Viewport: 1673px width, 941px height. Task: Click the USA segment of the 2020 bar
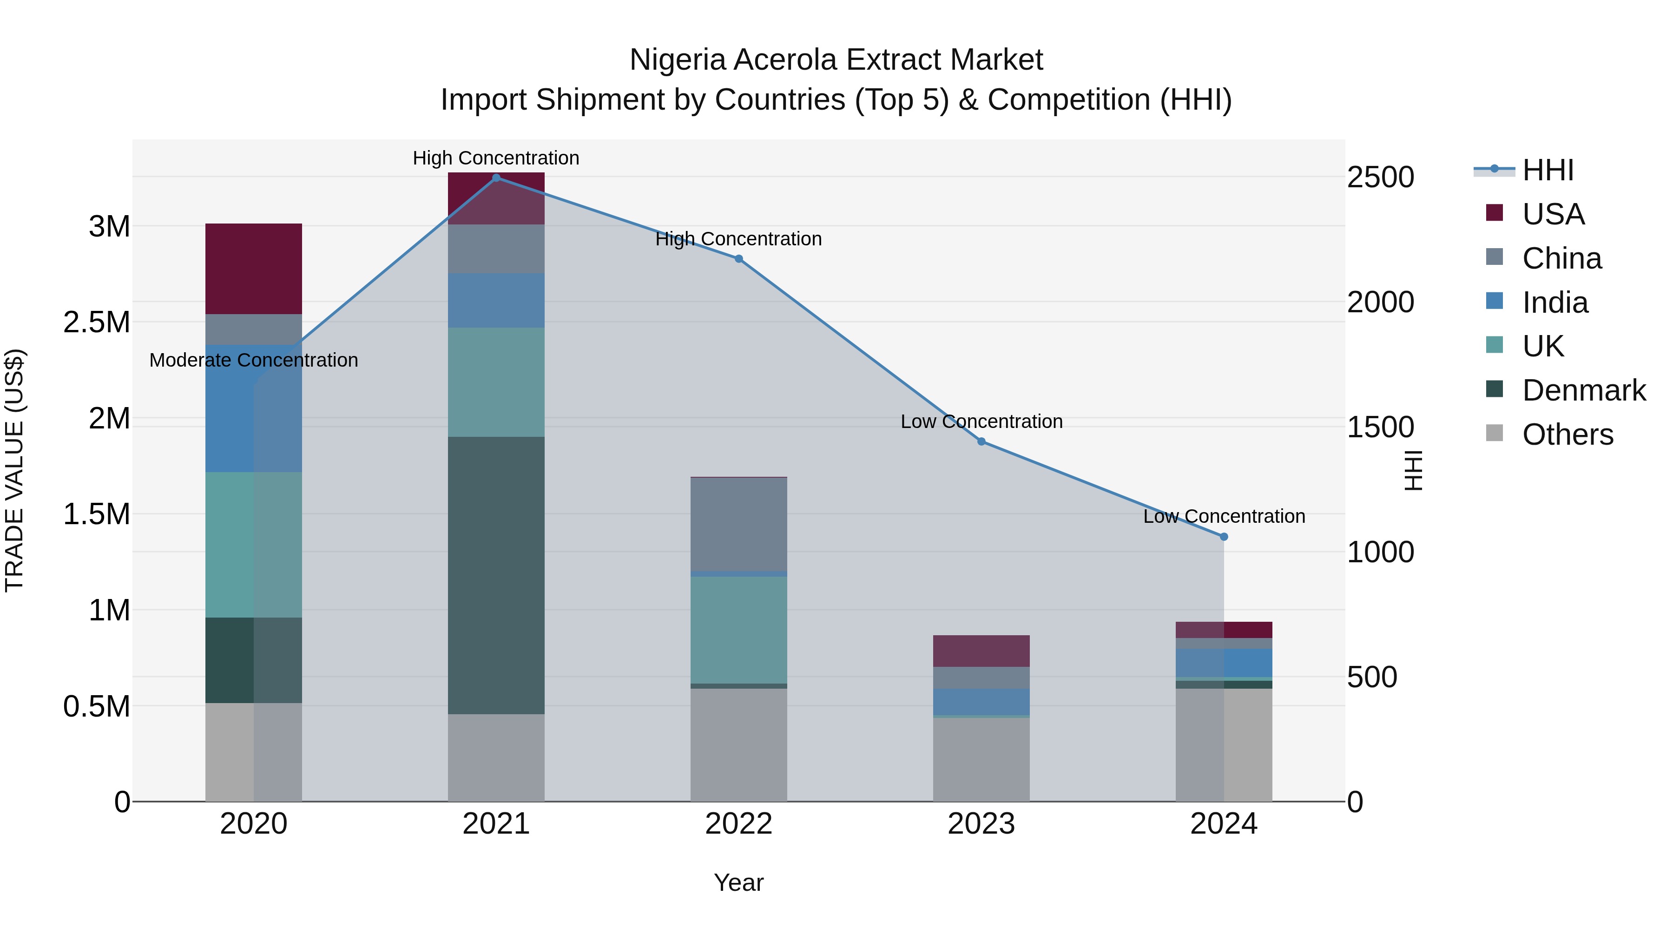tap(253, 269)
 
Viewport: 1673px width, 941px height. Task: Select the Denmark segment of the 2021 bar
tap(496, 575)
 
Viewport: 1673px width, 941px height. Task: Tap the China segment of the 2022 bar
tap(738, 524)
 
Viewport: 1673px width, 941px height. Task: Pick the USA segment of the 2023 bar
tap(981, 651)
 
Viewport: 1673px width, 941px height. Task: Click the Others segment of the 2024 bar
tap(1224, 745)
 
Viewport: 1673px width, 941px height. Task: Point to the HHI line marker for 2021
tap(496, 178)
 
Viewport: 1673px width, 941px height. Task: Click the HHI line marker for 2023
tap(981, 441)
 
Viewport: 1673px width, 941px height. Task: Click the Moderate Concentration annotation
tap(253, 361)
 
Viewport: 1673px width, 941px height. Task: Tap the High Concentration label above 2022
tap(738, 239)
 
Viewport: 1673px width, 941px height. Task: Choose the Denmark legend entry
tap(1583, 390)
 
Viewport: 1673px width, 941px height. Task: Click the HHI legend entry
tap(1547, 170)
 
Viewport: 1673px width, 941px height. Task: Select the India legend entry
tap(1555, 303)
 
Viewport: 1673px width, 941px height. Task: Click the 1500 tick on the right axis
tap(1380, 428)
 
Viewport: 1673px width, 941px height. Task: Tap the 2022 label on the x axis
tap(738, 824)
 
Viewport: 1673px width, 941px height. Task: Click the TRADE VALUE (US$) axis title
tap(14, 470)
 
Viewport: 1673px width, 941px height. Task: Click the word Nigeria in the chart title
tap(678, 60)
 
